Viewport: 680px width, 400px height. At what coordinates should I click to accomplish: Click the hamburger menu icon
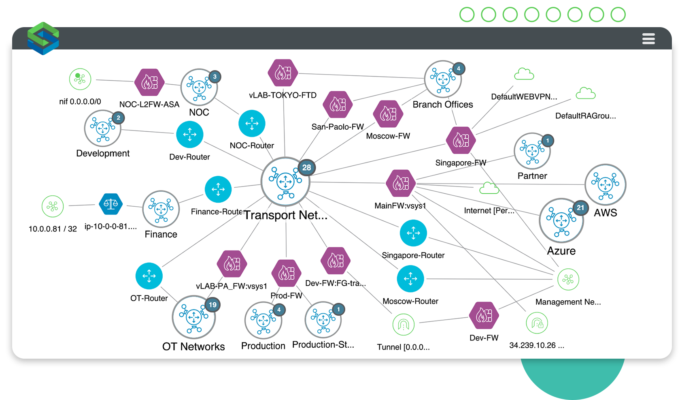648,39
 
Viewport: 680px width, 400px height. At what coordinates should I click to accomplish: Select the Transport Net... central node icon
285,182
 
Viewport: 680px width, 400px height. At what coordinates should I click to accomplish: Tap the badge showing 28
307,167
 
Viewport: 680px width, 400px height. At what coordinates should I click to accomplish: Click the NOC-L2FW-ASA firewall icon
150,82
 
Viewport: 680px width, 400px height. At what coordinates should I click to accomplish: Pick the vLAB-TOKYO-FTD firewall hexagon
283,73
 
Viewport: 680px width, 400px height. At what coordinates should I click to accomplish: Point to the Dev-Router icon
190,135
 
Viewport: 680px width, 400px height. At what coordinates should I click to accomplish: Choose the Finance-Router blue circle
218,189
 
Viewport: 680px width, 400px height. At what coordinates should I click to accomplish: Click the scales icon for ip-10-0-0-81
111,204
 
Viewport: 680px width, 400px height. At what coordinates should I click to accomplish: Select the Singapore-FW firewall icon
461,140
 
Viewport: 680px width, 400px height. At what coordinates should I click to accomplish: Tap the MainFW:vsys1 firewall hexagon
401,183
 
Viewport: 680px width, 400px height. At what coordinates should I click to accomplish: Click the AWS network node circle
606,184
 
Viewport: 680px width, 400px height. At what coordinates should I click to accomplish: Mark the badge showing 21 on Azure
580,207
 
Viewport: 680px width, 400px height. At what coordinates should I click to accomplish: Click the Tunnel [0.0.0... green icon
404,325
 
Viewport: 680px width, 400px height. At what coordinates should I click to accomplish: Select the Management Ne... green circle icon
568,279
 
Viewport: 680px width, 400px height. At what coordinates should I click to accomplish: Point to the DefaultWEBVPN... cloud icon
524,74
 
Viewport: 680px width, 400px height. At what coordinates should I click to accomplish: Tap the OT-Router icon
149,276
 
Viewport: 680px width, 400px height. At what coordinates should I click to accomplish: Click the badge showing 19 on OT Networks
213,305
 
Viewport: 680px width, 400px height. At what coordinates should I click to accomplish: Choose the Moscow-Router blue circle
410,279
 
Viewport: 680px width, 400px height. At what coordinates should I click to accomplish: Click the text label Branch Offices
443,105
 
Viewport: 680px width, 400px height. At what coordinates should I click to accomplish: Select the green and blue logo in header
43,38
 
